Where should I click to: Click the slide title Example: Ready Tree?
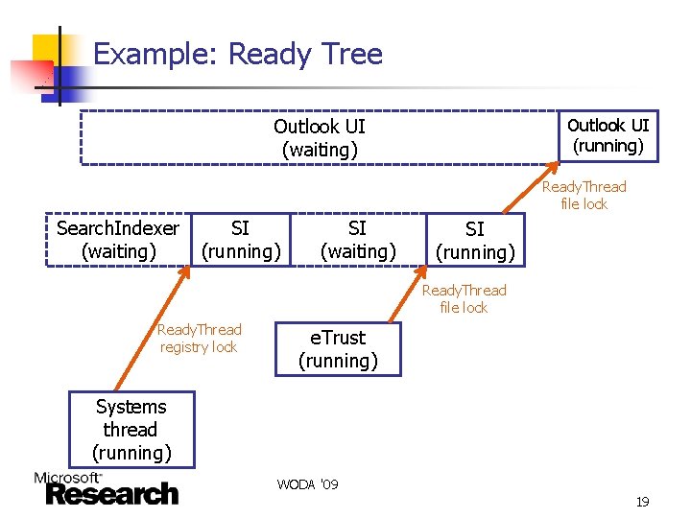click(x=237, y=55)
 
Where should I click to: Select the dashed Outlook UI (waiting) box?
click(x=319, y=138)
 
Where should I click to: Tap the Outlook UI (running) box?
click(x=608, y=136)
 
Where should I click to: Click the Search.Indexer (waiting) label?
click(x=118, y=240)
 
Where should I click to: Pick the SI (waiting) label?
click(x=357, y=240)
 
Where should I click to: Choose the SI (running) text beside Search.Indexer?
click(x=240, y=240)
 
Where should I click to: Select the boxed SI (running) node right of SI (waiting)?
click(x=475, y=240)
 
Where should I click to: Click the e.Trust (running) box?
click(x=337, y=349)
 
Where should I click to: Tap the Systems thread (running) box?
click(x=131, y=429)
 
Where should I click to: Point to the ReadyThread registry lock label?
click(x=199, y=339)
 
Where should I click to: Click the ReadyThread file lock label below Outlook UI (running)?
click(x=584, y=195)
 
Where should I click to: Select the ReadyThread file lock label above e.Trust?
click(x=464, y=298)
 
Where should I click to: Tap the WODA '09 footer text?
click(x=307, y=484)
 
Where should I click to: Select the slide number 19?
click(x=642, y=502)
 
